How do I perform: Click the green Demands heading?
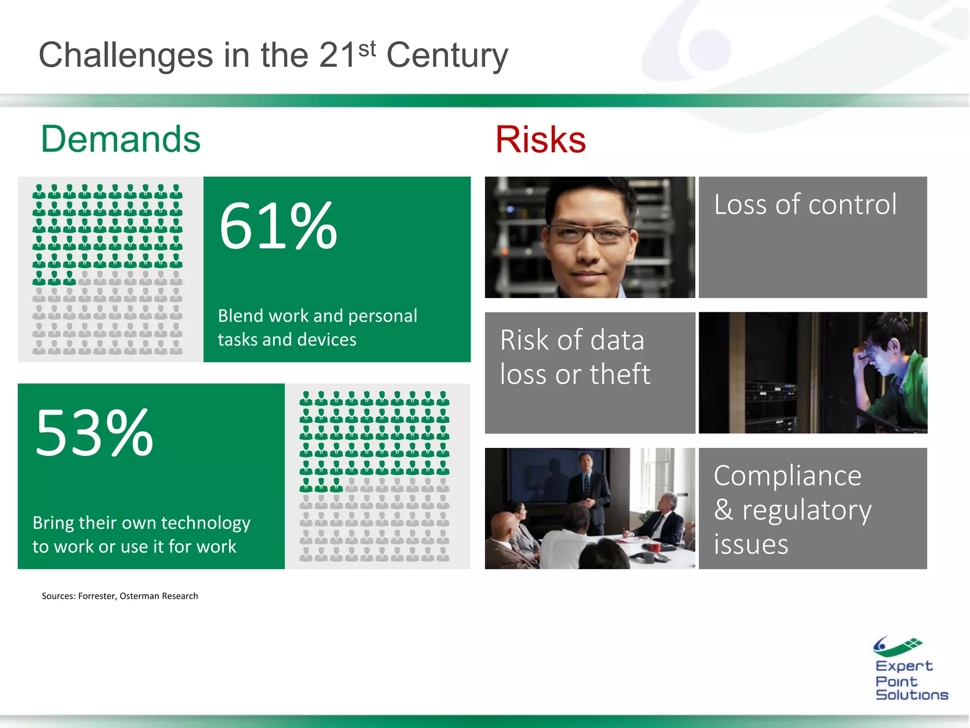tap(121, 139)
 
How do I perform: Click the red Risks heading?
tap(540, 140)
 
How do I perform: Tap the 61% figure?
tap(278, 226)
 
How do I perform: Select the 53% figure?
tap(94, 433)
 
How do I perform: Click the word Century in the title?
tap(447, 56)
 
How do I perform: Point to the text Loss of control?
tap(805, 205)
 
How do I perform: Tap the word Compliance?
tap(787, 476)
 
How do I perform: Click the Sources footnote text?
tap(120, 596)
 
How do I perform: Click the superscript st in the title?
tap(367, 48)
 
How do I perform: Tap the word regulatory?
tap(807, 510)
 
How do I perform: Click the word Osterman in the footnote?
tap(139, 596)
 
